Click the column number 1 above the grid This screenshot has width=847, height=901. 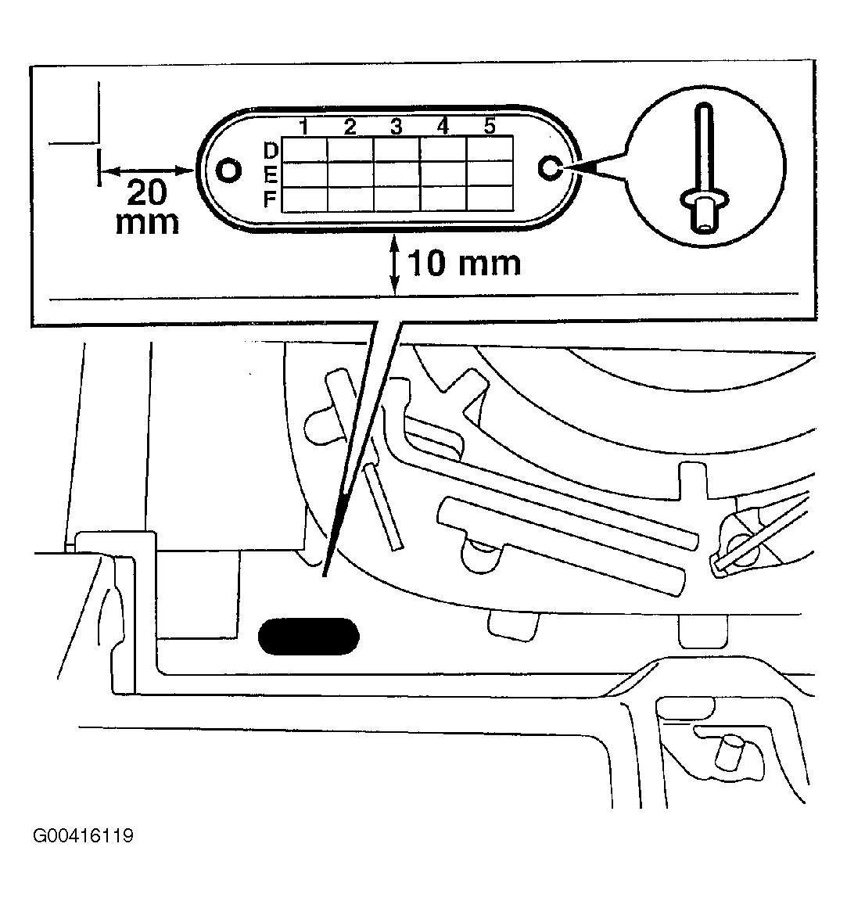[x=304, y=127]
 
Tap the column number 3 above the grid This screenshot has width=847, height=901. [x=396, y=127]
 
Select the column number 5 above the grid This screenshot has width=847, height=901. [x=490, y=125]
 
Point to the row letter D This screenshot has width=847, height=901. [x=271, y=150]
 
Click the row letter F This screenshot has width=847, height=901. [x=270, y=199]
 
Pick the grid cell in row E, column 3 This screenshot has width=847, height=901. [x=397, y=174]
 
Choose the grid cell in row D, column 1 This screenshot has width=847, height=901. [x=304, y=149]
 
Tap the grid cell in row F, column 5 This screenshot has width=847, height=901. [x=490, y=198]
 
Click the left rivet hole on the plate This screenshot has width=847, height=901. [x=228, y=171]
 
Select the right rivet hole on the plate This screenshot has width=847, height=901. [x=550, y=168]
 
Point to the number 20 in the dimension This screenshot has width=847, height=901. [x=147, y=192]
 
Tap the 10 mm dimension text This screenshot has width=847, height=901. [x=464, y=263]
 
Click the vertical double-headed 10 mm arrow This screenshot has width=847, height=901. [x=395, y=265]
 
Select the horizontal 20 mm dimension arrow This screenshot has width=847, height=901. [x=147, y=170]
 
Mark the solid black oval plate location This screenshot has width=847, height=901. [x=309, y=636]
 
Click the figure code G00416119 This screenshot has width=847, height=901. [x=84, y=835]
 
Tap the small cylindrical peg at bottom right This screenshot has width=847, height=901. [x=729, y=752]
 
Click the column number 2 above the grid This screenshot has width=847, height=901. [x=350, y=127]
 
